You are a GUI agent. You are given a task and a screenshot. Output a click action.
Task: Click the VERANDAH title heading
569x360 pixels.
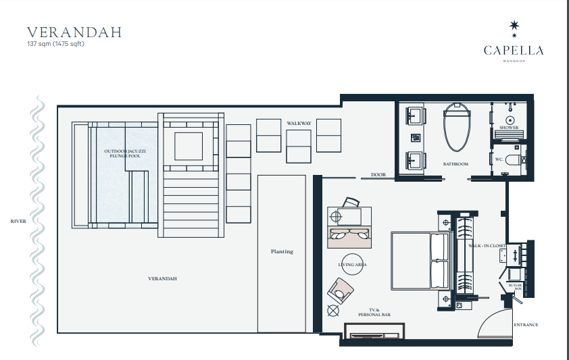point(74,32)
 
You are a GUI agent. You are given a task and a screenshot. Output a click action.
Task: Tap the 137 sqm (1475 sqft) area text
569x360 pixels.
point(55,44)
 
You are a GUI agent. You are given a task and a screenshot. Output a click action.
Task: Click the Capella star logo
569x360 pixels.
point(514,28)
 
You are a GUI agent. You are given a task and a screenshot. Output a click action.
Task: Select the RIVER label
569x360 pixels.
point(18,221)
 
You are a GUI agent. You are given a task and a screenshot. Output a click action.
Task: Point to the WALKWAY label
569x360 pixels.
point(299,123)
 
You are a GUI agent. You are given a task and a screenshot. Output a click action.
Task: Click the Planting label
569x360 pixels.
point(282,251)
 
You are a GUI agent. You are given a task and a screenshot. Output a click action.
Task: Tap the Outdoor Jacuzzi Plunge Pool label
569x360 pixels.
point(125,153)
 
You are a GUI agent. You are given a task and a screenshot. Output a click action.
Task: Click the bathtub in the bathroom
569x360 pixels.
point(457,127)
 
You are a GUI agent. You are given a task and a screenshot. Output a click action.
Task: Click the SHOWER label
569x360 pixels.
point(509,128)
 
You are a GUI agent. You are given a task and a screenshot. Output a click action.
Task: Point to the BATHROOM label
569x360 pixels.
point(455,164)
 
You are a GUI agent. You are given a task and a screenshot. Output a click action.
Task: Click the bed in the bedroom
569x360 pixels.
point(421,261)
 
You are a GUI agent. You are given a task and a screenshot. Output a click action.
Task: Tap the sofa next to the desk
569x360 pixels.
point(349,237)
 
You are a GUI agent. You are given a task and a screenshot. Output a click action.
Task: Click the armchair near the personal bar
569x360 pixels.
point(340,291)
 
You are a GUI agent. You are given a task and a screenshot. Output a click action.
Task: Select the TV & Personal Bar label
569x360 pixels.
point(374,312)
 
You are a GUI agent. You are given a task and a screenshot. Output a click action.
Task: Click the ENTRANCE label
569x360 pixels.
point(526,325)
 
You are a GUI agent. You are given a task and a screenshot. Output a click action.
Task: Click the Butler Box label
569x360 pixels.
point(516,287)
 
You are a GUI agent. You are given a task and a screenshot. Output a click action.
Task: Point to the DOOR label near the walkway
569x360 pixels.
point(378,175)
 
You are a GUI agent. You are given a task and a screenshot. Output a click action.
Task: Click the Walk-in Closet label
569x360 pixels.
point(487,246)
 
